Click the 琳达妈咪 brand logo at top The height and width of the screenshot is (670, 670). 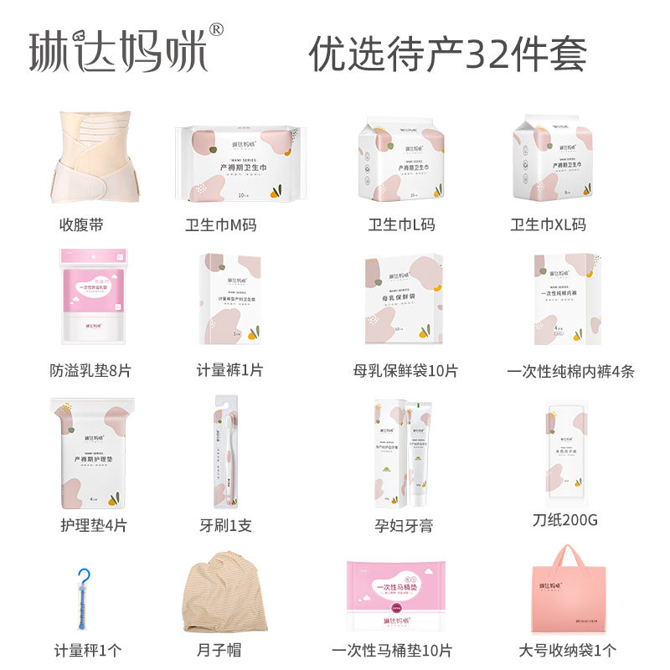click(117, 51)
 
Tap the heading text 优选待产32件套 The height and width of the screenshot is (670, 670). click(448, 54)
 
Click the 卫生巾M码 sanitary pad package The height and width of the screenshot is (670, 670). click(239, 164)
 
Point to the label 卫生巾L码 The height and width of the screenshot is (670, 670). click(402, 224)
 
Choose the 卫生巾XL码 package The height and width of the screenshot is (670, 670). click(553, 160)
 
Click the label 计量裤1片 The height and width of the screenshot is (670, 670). click(229, 369)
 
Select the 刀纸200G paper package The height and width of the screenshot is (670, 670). click(564, 449)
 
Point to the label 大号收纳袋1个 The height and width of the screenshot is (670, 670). click(567, 650)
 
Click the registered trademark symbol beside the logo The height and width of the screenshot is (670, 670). click(215, 30)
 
